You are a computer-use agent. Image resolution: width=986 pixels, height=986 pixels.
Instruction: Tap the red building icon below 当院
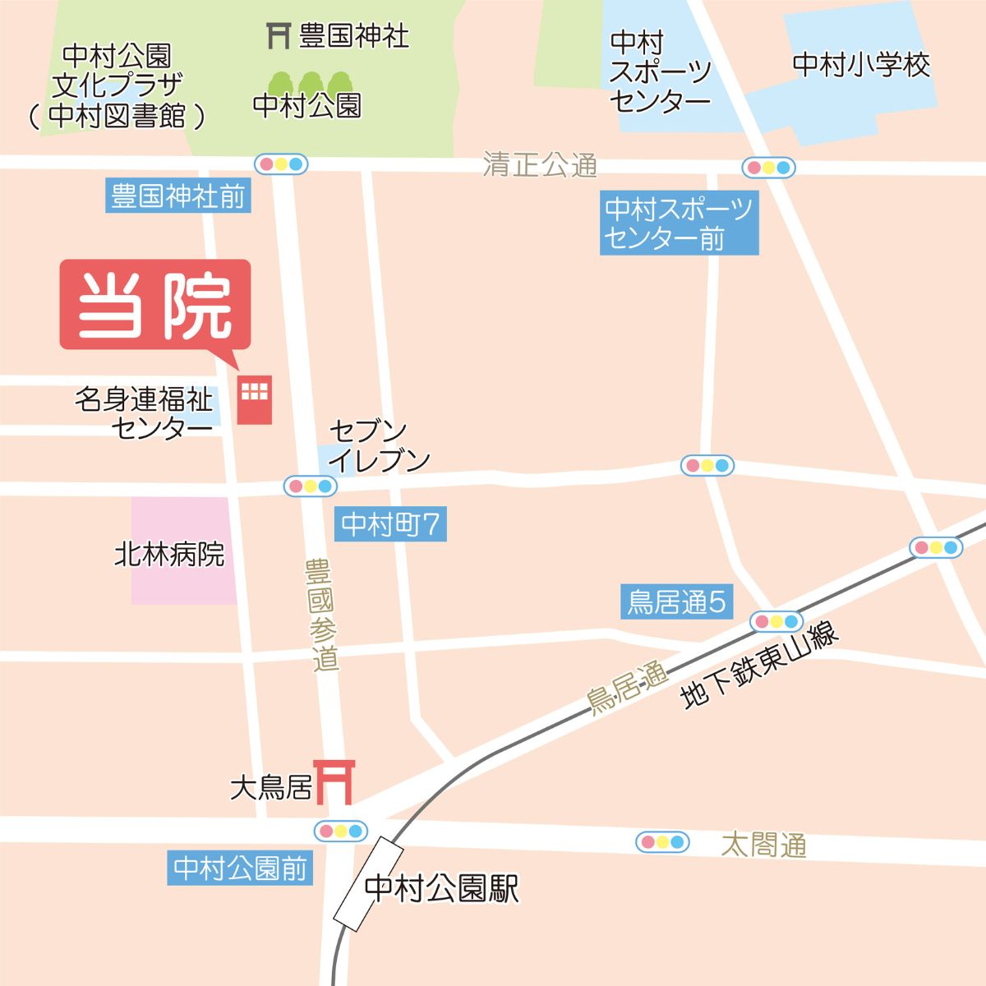pyautogui.click(x=254, y=400)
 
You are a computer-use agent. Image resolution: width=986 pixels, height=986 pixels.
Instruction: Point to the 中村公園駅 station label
pyautogui.click(x=441, y=889)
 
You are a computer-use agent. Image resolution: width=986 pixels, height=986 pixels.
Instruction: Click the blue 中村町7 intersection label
pyautogui.click(x=390, y=524)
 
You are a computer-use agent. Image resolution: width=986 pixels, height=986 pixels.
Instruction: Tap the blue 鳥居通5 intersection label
pyautogui.click(x=676, y=602)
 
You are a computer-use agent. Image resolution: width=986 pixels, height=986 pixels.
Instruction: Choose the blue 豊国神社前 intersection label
pyautogui.click(x=177, y=197)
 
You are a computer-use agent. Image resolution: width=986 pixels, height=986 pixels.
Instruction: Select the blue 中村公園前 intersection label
pyautogui.click(x=240, y=869)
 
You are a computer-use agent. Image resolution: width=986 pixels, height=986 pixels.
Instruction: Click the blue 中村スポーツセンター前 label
pyautogui.click(x=679, y=223)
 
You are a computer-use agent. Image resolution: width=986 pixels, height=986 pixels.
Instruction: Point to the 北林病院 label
pyautogui.click(x=169, y=555)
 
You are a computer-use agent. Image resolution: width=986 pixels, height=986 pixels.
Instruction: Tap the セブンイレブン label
pyautogui.click(x=379, y=445)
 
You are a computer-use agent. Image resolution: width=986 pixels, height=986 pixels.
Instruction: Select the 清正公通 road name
pyautogui.click(x=540, y=164)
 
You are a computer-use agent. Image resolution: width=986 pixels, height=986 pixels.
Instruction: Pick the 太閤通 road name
pyautogui.click(x=764, y=845)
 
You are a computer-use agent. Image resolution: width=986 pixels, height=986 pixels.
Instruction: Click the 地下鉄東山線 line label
pyautogui.click(x=759, y=666)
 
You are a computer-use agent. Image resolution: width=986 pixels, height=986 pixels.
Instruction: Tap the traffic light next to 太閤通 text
pyautogui.click(x=661, y=842)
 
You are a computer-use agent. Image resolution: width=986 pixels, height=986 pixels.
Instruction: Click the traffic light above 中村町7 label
pyautogui.click(x=311, y=486)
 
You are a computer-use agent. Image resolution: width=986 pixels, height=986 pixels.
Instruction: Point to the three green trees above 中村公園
pyautogui.click(x=310, y=82)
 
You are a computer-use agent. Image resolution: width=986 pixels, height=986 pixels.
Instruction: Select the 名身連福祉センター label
pyautogui.click(x=145, y=413)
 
